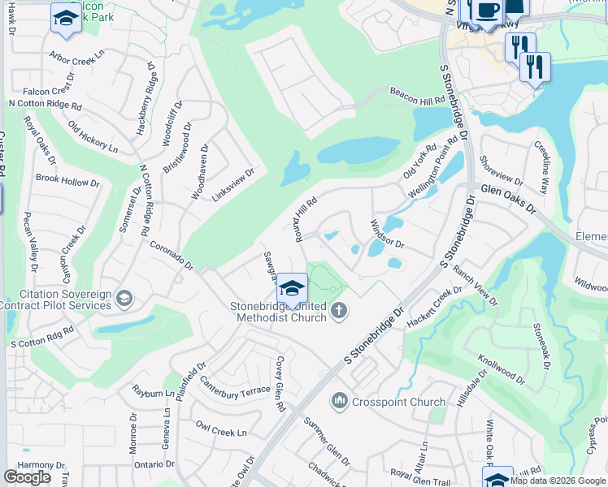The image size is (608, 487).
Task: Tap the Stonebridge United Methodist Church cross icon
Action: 339,310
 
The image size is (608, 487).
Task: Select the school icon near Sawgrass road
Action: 292,288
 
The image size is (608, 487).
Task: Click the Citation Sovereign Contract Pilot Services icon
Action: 124,299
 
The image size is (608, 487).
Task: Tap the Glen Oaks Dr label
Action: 509,198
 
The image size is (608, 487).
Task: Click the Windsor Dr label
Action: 387,233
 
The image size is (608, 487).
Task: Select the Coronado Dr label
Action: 171,254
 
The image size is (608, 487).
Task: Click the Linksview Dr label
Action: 233,185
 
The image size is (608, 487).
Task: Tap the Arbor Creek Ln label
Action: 77,58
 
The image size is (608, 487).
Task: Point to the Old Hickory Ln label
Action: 93,137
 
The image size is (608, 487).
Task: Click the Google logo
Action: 28,477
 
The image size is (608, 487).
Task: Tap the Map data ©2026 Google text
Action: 558,481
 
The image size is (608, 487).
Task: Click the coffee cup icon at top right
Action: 489,11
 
